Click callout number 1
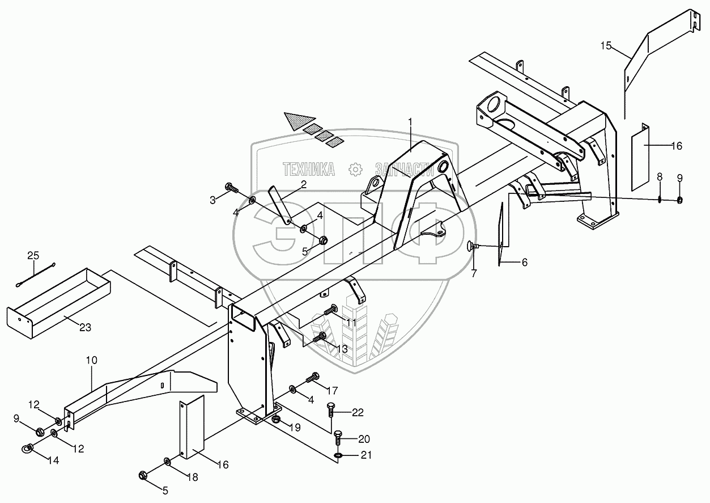[412, 122]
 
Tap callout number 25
[33, 256]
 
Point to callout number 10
[92, 360]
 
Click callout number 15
[606, 46]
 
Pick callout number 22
[358, 412]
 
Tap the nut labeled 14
[28, 450]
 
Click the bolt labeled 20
[337, 437]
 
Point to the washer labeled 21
[338, 455]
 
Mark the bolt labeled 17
[313, 377]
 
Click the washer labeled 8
[660, 198]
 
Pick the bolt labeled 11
[330, 310]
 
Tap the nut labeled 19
[276, 419]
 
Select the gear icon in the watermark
[356, 168]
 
